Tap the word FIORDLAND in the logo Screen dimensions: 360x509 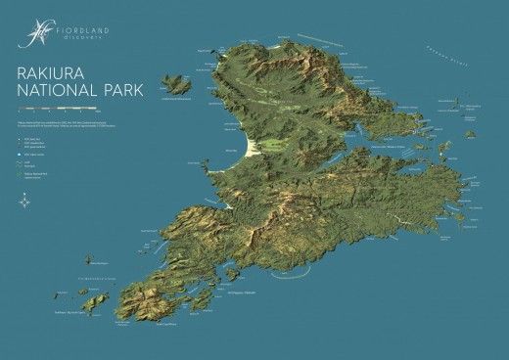click(x=82, y=30)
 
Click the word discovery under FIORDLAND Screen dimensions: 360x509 click(x=82, y=39)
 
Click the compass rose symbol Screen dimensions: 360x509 click(x=24, y=202)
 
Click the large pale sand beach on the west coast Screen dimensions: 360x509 click(x=252, y=147)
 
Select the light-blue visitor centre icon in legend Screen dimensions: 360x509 click(x=22, y=155)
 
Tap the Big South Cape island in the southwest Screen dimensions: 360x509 click(x=96, y=302)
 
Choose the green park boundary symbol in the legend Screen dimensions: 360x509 click(x=22, y=173)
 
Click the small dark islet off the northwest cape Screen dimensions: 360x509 click(x=208, y=58)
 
